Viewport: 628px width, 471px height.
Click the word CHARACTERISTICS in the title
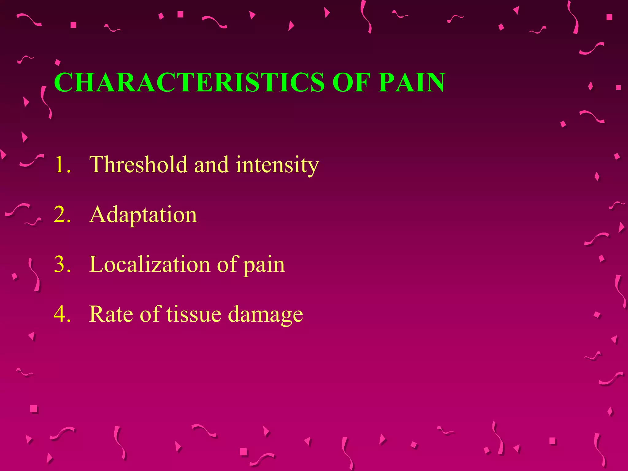(189, 82)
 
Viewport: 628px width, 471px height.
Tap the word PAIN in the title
(411, 82)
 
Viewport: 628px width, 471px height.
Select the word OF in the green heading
(350, 82)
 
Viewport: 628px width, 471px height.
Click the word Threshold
(138, 164)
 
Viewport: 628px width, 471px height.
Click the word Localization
(150, 264)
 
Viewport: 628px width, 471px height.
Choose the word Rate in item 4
(111, 314)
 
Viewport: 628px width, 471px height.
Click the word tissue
(193, 314)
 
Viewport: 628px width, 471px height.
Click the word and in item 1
(211, 165)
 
